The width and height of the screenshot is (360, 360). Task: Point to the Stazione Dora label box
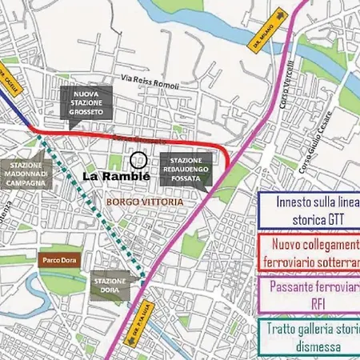[x=109, y=286]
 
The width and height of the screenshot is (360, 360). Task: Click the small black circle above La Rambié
[x=138, y=160]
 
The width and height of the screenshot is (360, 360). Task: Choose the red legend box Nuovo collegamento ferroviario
[x=309, y=252]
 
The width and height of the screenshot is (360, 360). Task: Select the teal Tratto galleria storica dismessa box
[x=309, y=337]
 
